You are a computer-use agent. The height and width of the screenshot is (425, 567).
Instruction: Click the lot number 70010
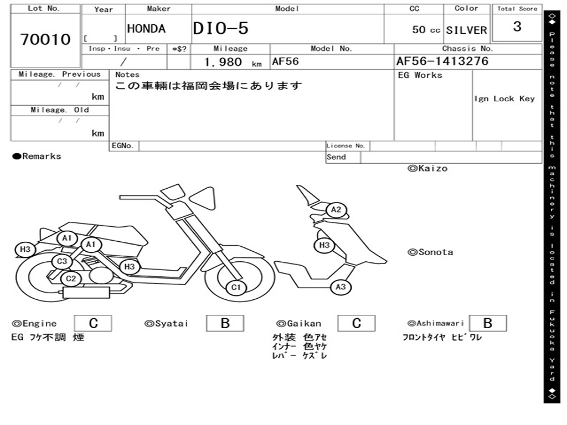[x=45, y=39]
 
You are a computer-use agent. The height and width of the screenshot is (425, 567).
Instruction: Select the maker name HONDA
[x=146, y=29]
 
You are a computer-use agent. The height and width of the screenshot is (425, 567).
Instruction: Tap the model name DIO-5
[x=220, y=29]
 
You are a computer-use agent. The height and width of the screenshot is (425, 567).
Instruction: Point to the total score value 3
[x=517, y=27]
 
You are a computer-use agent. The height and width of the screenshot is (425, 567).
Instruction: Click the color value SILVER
[x=466, y=30]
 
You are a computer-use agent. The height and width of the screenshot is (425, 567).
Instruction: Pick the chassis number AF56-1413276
[x=442, y=61]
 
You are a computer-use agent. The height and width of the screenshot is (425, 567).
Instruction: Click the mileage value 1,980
[x=223, y=63]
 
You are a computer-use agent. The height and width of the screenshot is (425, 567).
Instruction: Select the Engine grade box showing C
[x=93, y=323]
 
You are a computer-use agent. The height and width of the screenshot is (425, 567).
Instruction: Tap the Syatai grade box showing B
[x=225, y=323]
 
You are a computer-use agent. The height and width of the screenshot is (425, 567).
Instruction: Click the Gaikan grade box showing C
[x=357, y=323]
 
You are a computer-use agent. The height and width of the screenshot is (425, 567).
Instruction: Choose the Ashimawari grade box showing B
[x=487, y=323]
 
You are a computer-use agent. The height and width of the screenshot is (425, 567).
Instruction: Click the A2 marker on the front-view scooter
[x=336, y=210]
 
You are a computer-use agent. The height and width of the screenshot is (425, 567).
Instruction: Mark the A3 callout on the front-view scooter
[x=341, y=287]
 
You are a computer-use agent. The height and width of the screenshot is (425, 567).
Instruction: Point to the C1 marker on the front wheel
[x=236, y=287]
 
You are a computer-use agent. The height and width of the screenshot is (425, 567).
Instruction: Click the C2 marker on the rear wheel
[x=71, y=279]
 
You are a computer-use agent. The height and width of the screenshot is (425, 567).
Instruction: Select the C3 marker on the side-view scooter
[x=62, y=261]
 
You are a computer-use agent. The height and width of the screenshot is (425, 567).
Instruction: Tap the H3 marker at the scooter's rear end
[x=25, y=250]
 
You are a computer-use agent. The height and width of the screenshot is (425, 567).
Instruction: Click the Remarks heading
[x=37, y=157]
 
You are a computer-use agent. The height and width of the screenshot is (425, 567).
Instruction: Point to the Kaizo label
[x=427, y=168]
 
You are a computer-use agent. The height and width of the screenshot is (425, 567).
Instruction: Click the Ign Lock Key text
[x=504, y=99]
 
